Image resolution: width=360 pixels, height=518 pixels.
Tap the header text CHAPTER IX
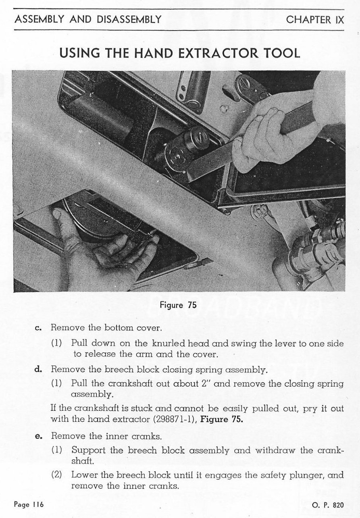(315, 19)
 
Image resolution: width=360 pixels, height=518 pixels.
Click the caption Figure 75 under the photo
(178, 305)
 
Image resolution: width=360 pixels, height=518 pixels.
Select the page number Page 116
(29, 504)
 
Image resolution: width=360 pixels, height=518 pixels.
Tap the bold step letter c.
(39, 328)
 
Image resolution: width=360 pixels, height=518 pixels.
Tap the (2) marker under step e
(56, 475)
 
